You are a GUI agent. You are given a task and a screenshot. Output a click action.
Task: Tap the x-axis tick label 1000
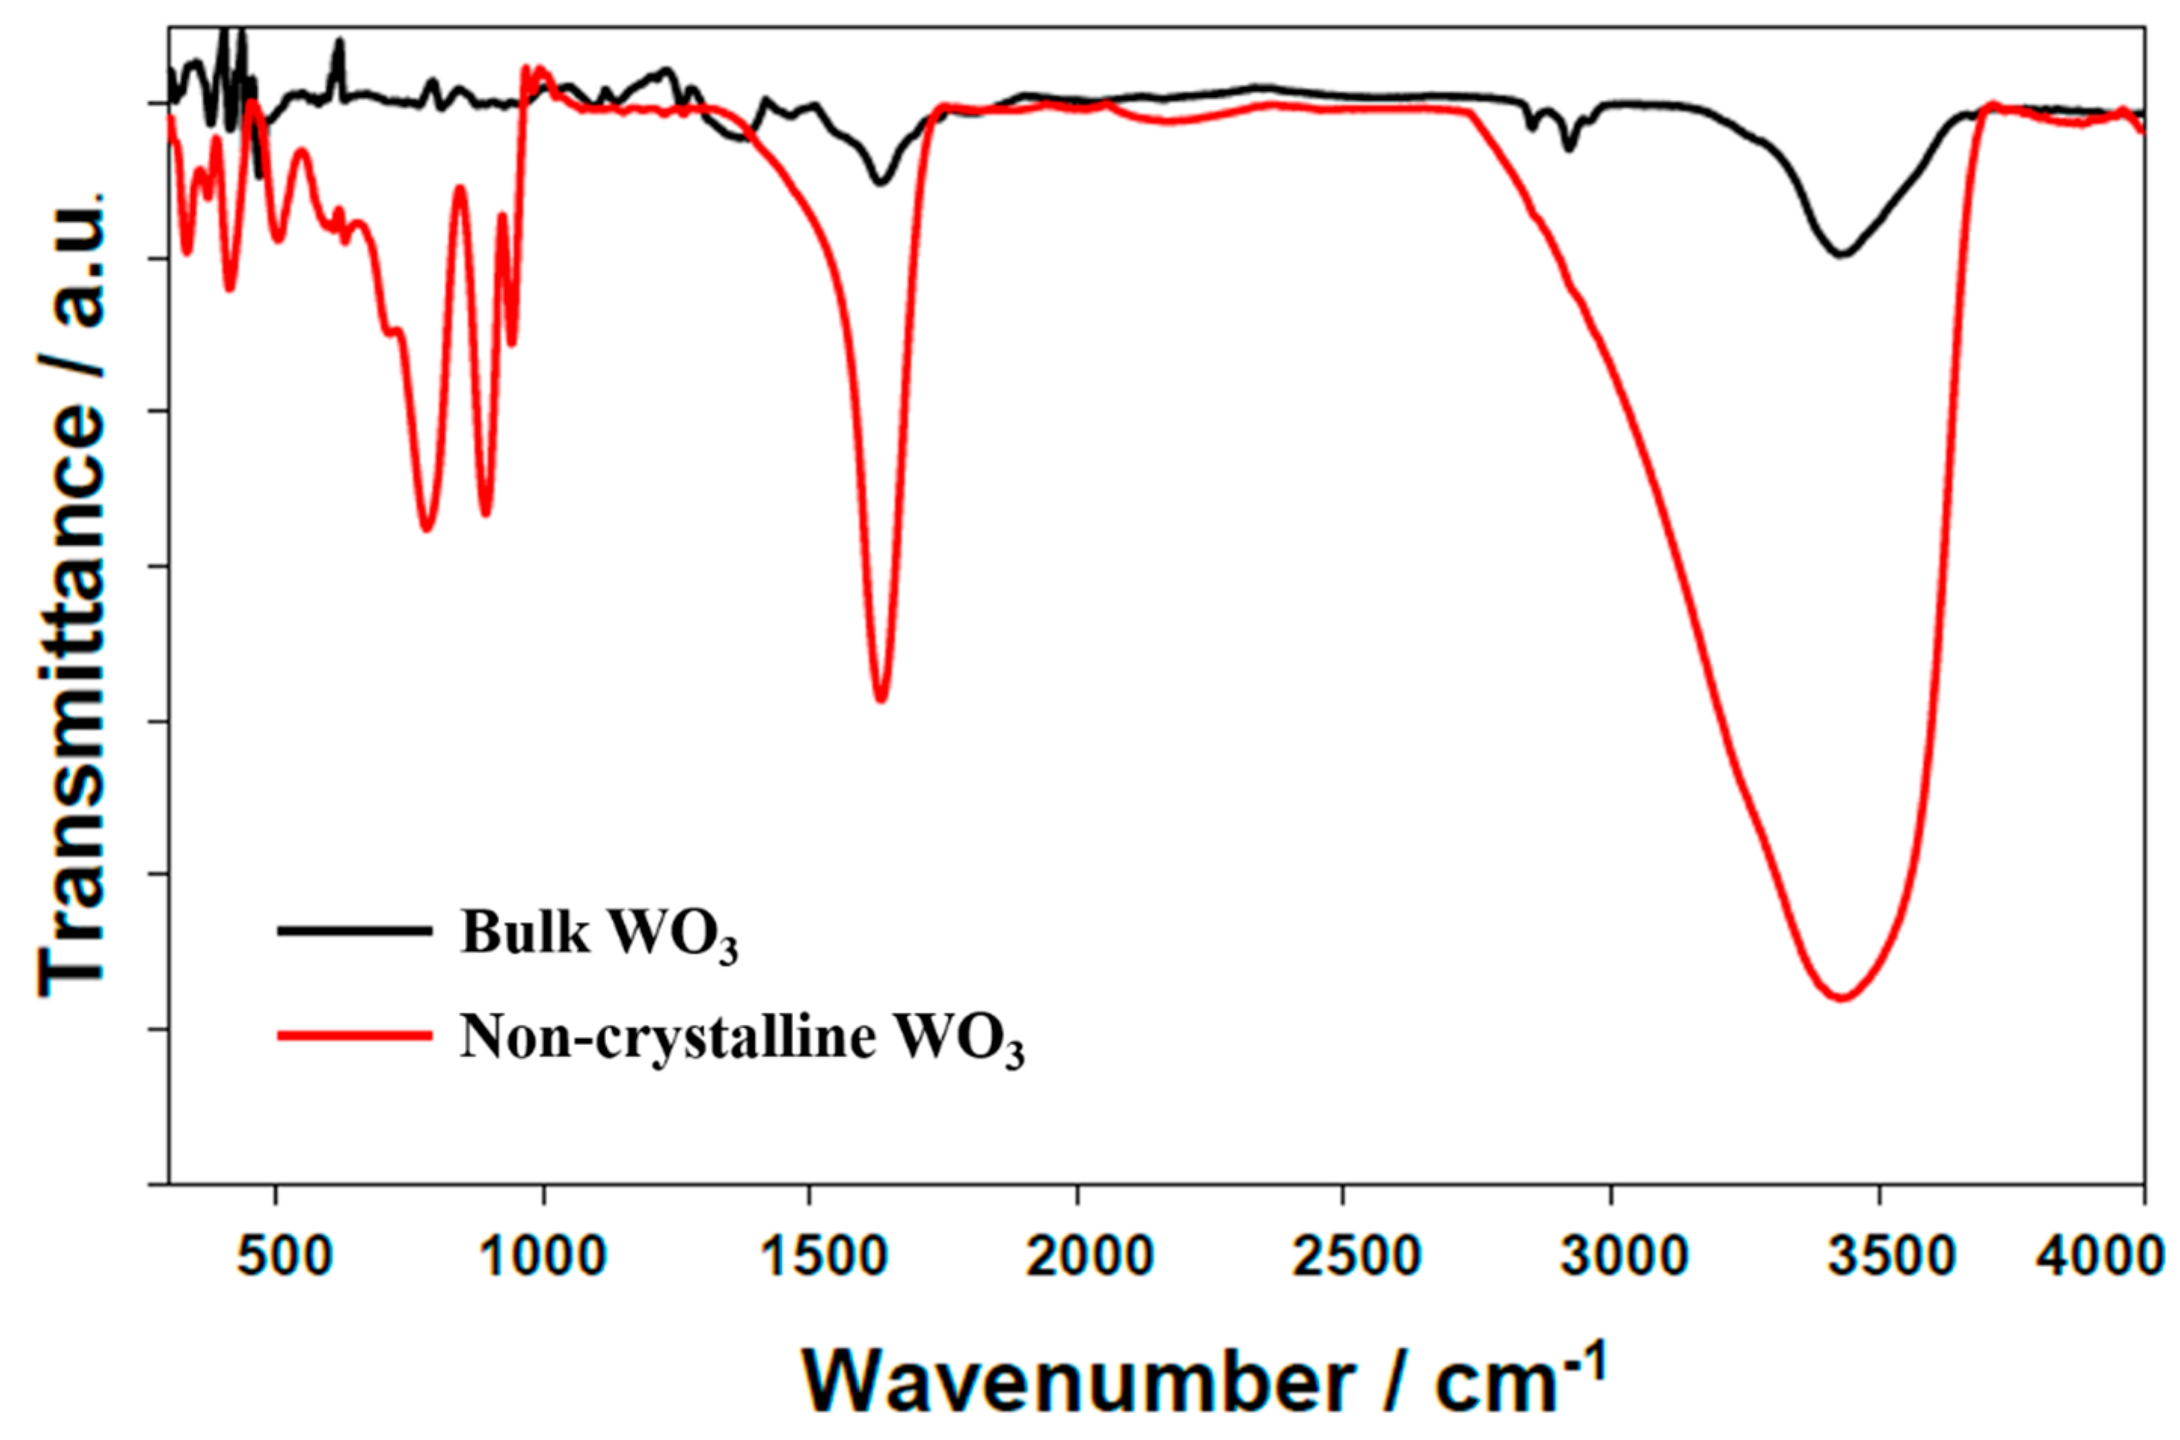(544, 1255)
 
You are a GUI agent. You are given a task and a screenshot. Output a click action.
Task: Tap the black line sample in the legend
(354, 930)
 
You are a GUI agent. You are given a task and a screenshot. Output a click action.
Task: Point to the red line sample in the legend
(354, 1035)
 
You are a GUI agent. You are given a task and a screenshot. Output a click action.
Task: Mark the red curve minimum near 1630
(881, 700)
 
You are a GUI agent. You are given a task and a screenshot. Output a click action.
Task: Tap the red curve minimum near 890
(486, 514)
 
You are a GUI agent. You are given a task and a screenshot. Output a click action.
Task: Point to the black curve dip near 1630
(881, 182)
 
